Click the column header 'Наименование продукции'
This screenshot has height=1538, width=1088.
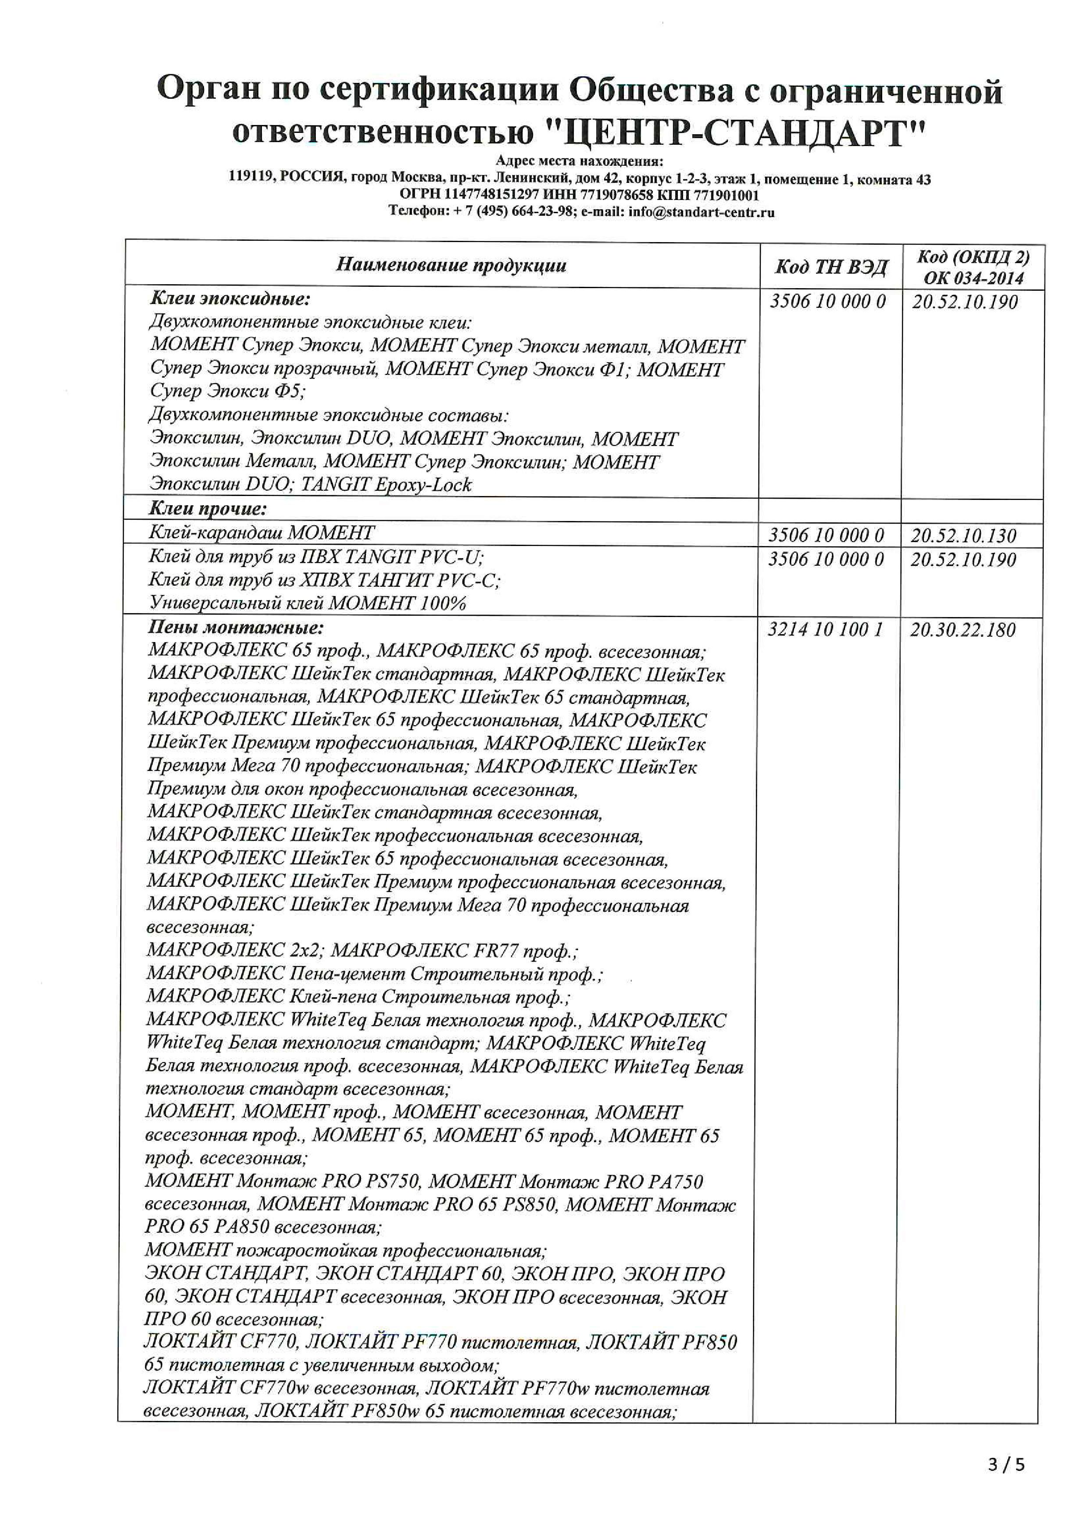coord(451,265)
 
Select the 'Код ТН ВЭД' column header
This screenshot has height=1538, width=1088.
coord(831,267)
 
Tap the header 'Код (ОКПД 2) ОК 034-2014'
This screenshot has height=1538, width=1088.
coord(973,267)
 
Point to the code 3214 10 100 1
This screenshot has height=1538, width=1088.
coord(825,630)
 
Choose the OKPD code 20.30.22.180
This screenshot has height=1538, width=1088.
coord(963,630)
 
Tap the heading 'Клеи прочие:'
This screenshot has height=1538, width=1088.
coord(208,508)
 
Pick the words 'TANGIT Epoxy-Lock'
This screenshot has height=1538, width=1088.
coord(387,484)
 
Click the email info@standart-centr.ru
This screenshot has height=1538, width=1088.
coord(701,212)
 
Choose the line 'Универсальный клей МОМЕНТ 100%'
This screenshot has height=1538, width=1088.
coord(308,603)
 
